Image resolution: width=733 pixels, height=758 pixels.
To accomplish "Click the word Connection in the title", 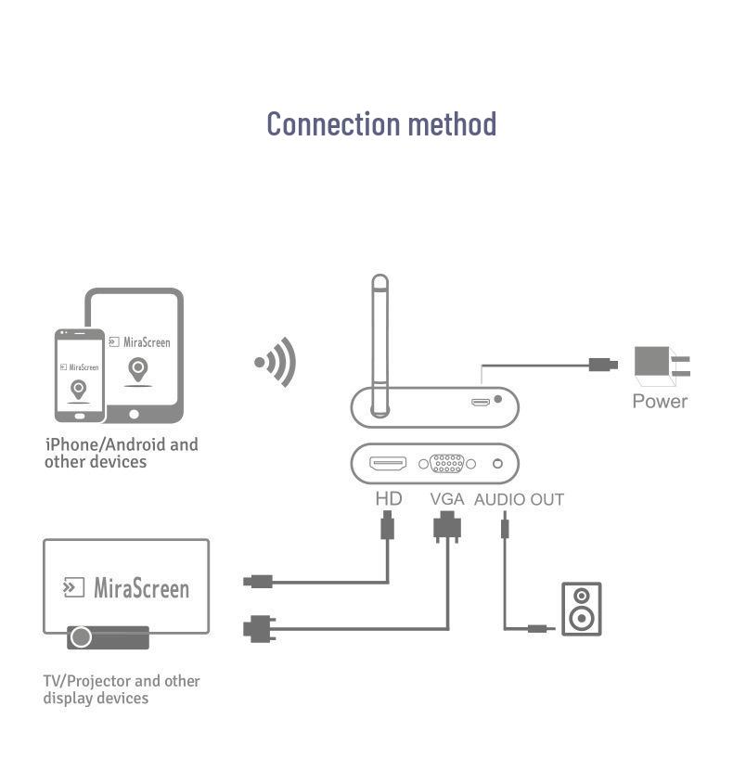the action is pos(334,124).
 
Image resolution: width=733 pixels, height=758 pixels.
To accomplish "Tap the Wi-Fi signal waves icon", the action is pos(276,362).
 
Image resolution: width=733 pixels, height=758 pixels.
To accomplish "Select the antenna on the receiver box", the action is pos(380,346).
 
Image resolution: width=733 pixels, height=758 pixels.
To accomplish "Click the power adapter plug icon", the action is pos(662,366).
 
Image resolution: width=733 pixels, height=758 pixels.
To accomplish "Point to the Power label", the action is pos(660,401).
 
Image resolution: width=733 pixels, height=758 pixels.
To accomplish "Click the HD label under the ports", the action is pos(389,498).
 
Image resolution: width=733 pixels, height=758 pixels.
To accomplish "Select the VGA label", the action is pos(447,499).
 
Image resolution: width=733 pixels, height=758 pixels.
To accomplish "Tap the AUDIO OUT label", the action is pos(519,499).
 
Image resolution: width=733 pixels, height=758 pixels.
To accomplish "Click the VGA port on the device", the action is pos(447,464).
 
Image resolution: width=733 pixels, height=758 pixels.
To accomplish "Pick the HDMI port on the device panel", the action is pos(388,463).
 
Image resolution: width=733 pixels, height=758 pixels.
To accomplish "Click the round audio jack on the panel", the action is pos(497,464).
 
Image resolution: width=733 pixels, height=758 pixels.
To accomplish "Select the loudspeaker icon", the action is pos(581,609).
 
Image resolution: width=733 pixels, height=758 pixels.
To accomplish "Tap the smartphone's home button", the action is pos(80,417).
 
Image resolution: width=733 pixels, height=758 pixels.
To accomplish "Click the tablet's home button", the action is pos(135,415).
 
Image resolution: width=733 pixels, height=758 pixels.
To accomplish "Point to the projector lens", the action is pos(81,637).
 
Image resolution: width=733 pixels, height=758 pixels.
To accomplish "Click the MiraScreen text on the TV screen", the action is pos(141,588).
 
